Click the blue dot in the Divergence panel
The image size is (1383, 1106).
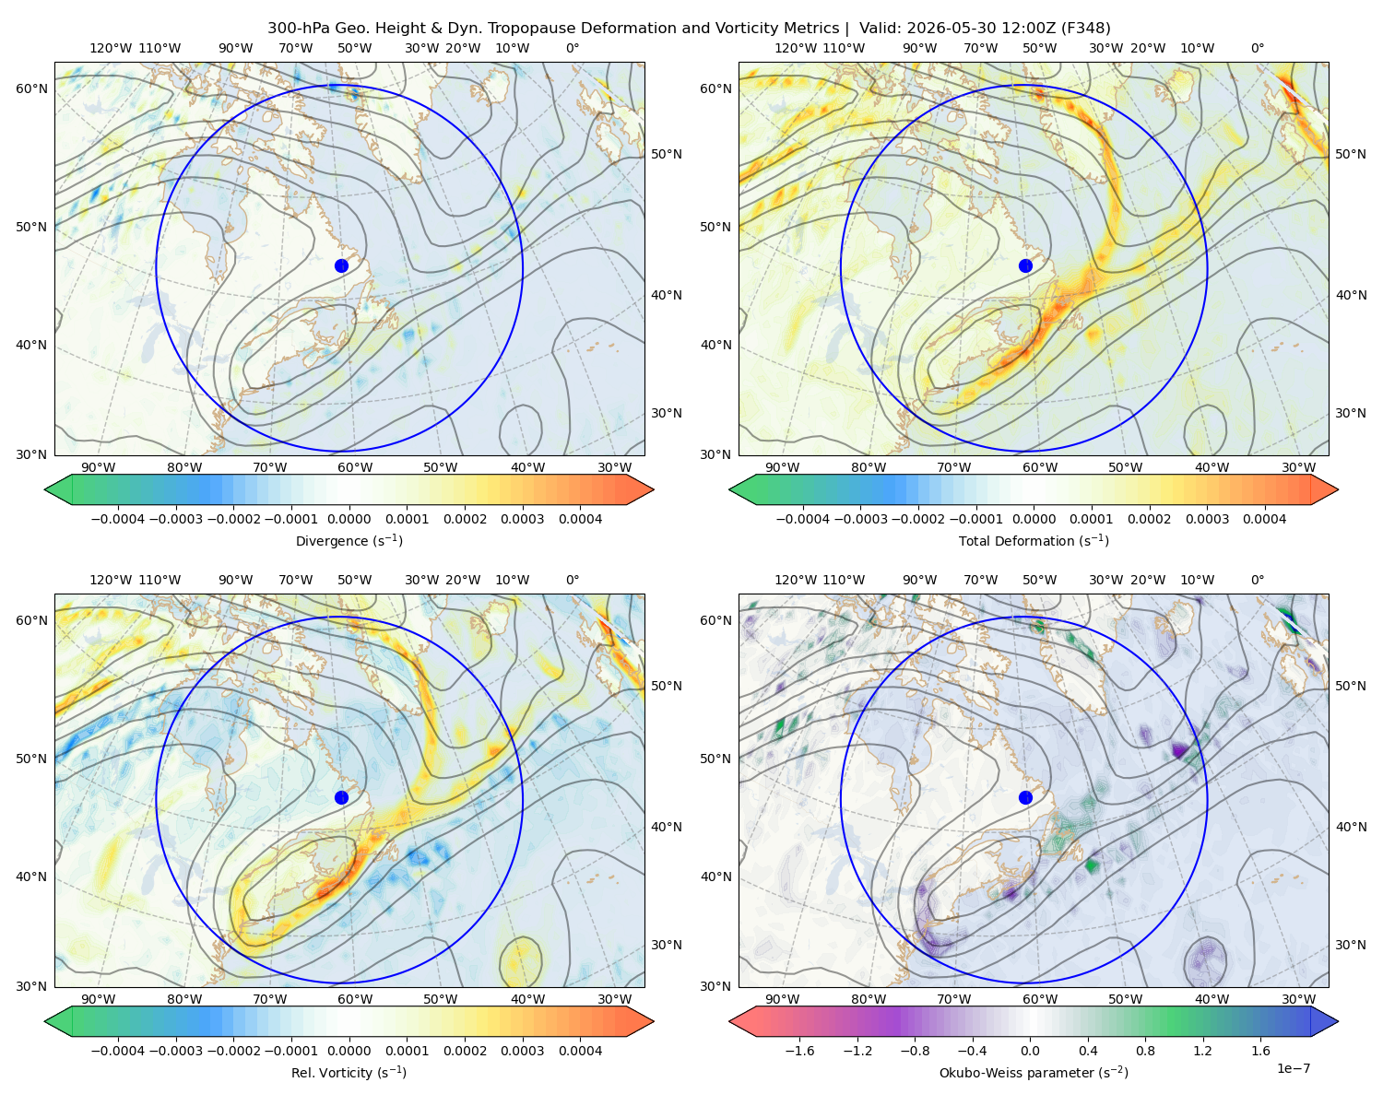coord(341,266)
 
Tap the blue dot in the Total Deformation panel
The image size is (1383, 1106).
coord(1025,266)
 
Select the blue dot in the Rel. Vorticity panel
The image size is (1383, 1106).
coord(341,797)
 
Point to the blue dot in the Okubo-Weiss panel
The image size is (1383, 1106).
coord(1025,797)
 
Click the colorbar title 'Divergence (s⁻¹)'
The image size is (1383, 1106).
coord(349,540)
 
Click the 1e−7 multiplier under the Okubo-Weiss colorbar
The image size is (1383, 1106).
coord(1293,1068)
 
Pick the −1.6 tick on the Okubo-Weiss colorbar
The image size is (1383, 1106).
coord(799,1051)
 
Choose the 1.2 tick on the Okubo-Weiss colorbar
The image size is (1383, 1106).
coord(1203,1051)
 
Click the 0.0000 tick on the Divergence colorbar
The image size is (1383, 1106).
coord(349,519)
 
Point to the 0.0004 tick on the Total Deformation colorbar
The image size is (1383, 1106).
coord(1265,519)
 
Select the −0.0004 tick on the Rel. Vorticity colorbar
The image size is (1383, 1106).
coord(118,1051)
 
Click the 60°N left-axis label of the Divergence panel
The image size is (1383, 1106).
coord(31,88)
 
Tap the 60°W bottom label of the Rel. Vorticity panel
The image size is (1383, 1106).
coord(355,999)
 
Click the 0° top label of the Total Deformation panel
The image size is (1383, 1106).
coord(1257,48)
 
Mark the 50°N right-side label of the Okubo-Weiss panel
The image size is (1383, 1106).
coord(1351,686)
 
